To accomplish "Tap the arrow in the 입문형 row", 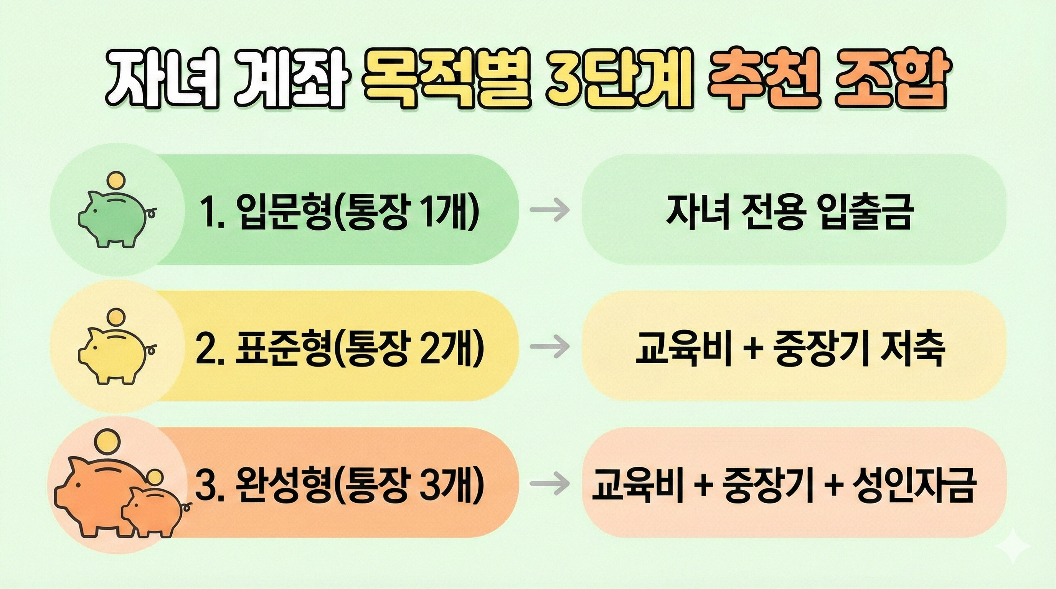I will pos(549,210).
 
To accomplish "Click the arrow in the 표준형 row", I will pos(549,347).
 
